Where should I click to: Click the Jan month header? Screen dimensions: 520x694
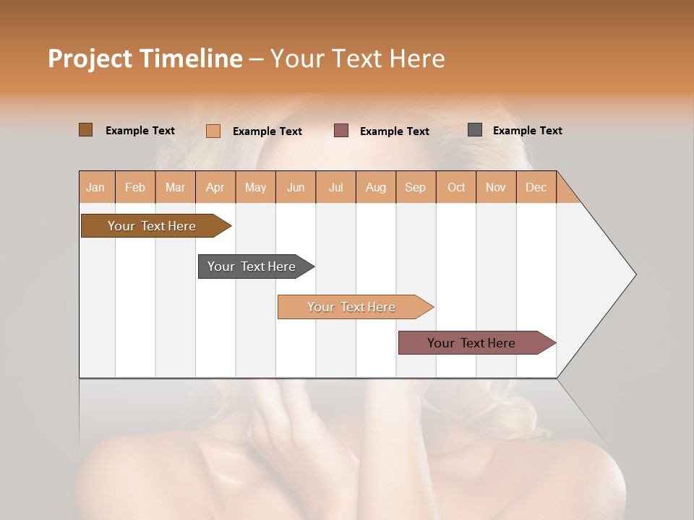(95, 187)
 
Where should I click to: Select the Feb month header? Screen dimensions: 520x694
(135, 187)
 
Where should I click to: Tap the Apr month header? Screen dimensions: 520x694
(215, 187)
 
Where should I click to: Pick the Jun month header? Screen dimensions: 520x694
(296, 187)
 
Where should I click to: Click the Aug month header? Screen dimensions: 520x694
(375, 187)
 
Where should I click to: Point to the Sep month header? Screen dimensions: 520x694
(415, 187)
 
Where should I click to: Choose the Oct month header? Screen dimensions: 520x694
(456, 187)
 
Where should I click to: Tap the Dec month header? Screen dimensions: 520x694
(536, 187)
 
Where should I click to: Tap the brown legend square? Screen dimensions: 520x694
(85, 130)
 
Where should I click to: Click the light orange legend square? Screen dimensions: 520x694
(213, 131)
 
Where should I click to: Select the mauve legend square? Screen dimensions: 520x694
(341, 130)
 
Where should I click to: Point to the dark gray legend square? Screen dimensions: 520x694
(475, 130)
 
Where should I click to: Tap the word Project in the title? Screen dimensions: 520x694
(90, 58)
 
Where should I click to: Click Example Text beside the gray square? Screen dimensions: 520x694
(527, 130)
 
